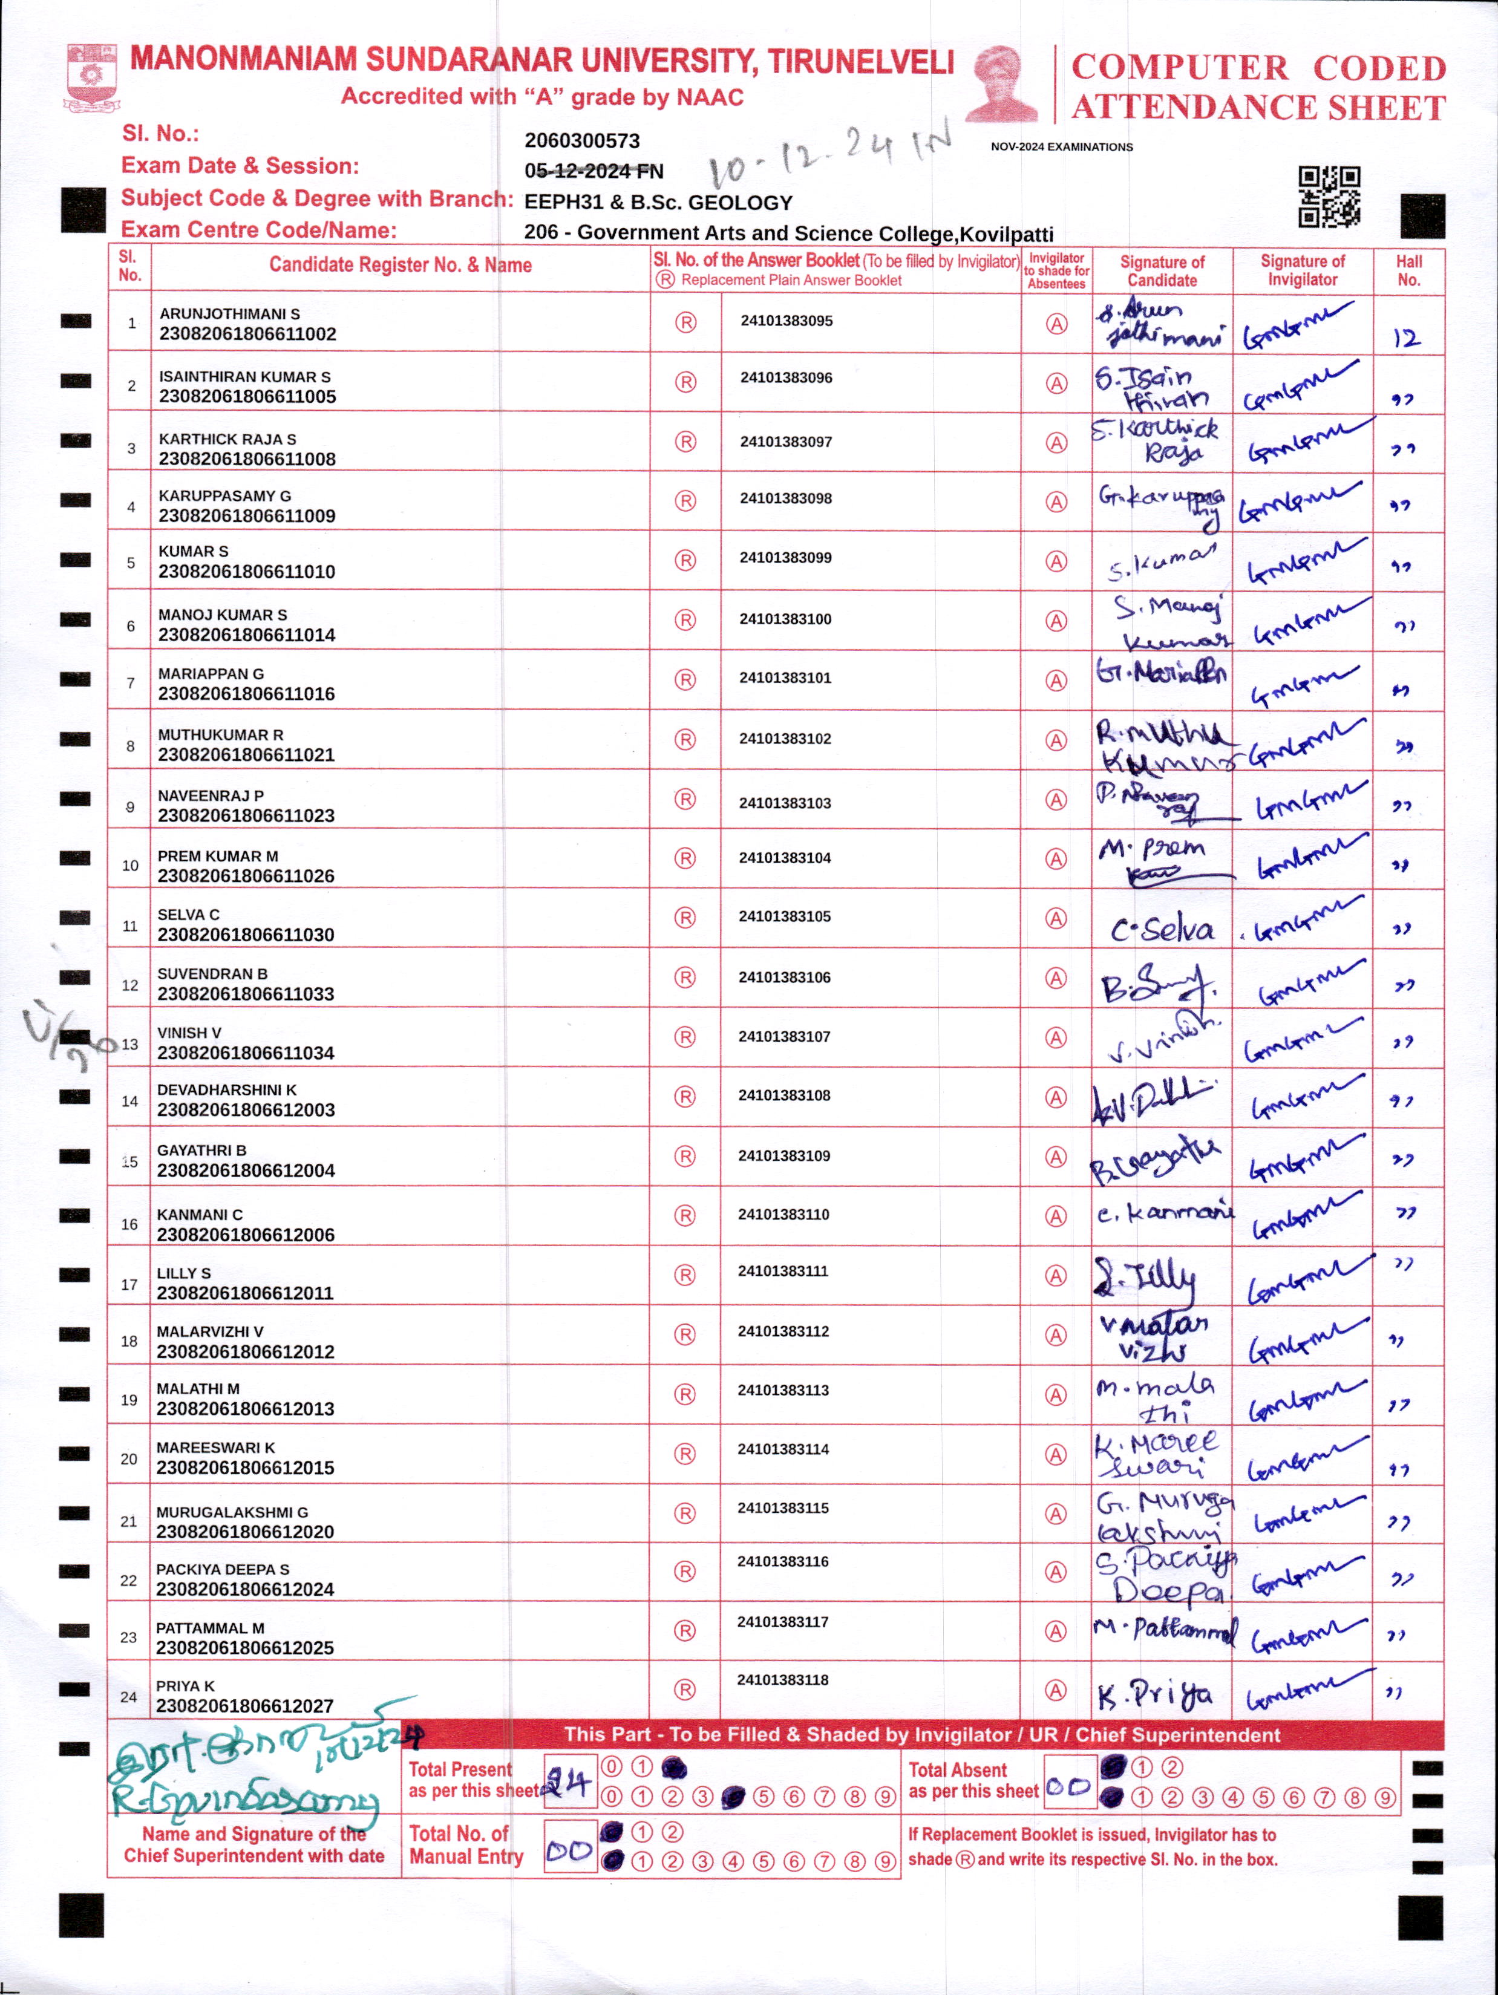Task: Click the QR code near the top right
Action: (x=1329, y=196)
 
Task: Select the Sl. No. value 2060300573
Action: (x=581, y=141)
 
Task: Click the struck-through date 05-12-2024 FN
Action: (x=594, y=171)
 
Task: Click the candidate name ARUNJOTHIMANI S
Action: (x=230, y=314)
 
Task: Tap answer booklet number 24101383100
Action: (x=785, y=619)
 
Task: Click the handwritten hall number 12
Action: (x=1406, y=338)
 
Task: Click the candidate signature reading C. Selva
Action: (x=1162, y=930)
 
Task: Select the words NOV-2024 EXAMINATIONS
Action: (x=1062, y=147)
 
